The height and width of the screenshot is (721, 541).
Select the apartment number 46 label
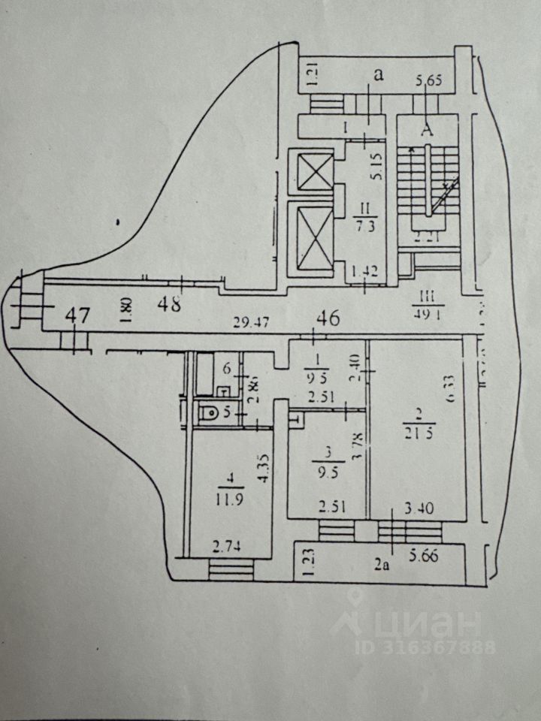328,318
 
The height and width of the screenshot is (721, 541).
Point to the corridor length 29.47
252,324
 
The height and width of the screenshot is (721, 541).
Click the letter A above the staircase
428,128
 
